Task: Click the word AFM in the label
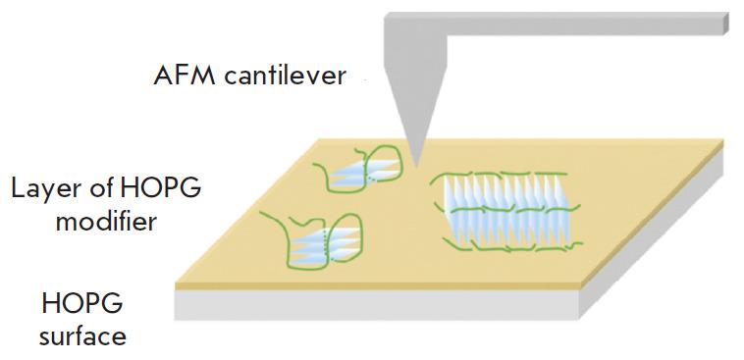[x=179, y=76]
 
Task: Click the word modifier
[x=105, y=222]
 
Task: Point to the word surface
[x=83, y=335]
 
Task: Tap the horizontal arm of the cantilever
[x=589, y=25]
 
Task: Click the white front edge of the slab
[x=373, y=304]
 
